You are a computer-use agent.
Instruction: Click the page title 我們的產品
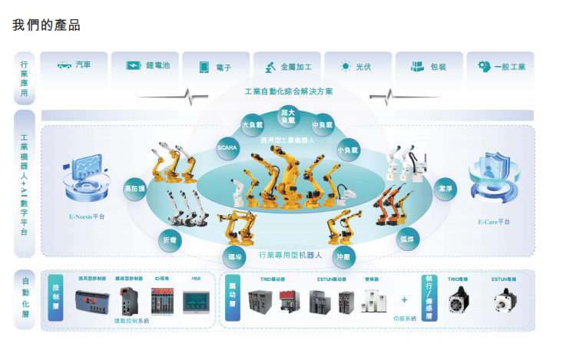[x=46, y=25]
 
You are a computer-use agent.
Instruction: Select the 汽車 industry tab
[x=75, y=66]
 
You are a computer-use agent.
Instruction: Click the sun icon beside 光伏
[x=346, y=66]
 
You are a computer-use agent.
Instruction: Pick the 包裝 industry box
[x=428, y=67]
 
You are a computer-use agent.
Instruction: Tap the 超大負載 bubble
[x=287, y=116]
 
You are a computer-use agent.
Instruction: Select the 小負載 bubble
[x=348, y=150]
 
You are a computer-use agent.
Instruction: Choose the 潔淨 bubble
[x=445, y=187]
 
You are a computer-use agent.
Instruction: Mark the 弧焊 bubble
[x=407, y=239]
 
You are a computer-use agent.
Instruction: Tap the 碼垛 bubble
[x=236, y=256]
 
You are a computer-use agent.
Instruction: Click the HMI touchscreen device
[x=195, y=301]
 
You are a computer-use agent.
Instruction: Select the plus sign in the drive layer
[x=404, y=299]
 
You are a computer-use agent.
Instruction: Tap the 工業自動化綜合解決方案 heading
[x=288, y=91]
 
